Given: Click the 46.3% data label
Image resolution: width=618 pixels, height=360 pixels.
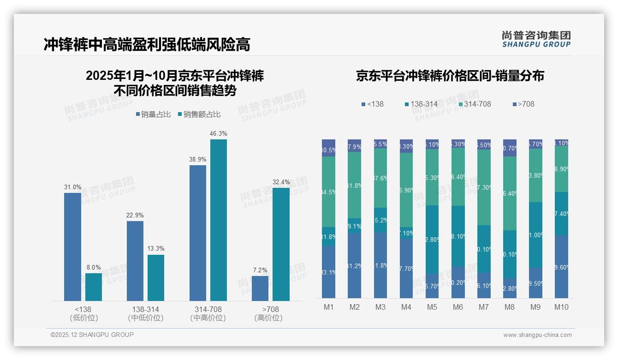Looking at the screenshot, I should (x=219, y=133).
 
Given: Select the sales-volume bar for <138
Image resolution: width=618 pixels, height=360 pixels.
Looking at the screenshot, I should (x=72, y=247).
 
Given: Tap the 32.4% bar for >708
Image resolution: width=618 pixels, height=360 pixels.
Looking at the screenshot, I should (x=281, y=244).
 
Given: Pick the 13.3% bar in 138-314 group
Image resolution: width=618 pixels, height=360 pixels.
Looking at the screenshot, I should (x=156, y=277).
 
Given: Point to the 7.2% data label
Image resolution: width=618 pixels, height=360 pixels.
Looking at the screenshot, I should (x=260, y=270).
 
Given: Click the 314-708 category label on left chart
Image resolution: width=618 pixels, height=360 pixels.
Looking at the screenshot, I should (x=208, y=309).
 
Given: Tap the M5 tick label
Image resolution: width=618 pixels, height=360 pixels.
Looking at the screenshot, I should (x=432, y=307).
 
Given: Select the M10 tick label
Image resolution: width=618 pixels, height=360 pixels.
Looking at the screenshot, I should (x=561, y=307).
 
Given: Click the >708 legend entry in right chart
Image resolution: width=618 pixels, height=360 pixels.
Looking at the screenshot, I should (x=523, y=104).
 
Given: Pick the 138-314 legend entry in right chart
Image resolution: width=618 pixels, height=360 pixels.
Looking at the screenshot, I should (x=421, y=104).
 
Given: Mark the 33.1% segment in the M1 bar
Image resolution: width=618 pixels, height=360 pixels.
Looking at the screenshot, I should (x=329, y=272).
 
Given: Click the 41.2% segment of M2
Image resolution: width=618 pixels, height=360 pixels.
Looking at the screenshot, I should (x=355, y=265).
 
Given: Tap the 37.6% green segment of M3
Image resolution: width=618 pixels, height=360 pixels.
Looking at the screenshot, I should (x=380, y=178).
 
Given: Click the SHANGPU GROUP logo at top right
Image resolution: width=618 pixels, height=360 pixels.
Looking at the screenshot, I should (x=536, y=39).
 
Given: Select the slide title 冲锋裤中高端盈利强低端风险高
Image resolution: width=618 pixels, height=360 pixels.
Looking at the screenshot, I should (x=147, y=44).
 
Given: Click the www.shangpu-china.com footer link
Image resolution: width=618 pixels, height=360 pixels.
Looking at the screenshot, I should (x=537, y=335).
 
